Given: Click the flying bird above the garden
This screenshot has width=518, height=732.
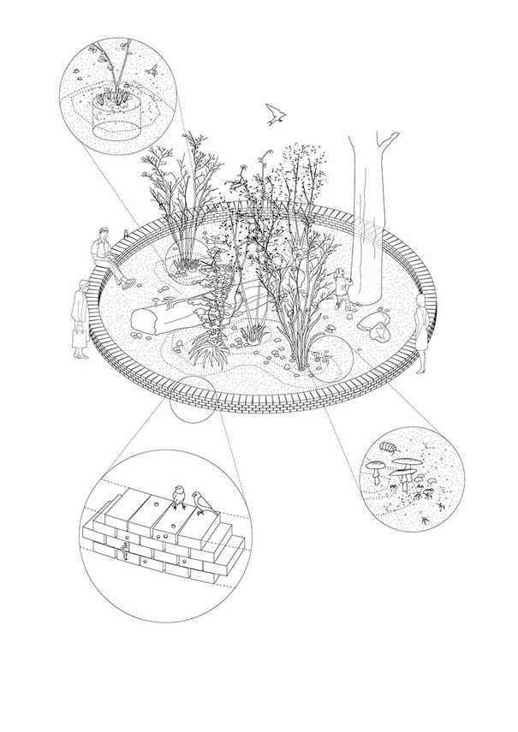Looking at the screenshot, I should pyautogui.click(x=275, y=115).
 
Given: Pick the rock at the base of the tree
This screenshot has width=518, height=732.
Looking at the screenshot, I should pyautogui.click(x=374, y=324).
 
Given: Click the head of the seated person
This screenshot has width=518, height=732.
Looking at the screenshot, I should pyautogui.click(x=104, y=233).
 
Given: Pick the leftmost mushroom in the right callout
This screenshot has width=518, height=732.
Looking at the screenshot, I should pyautogui.click(x=376, y=467).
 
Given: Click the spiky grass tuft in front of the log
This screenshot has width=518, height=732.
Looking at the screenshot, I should pyautogui.click(x=205, y=348).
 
